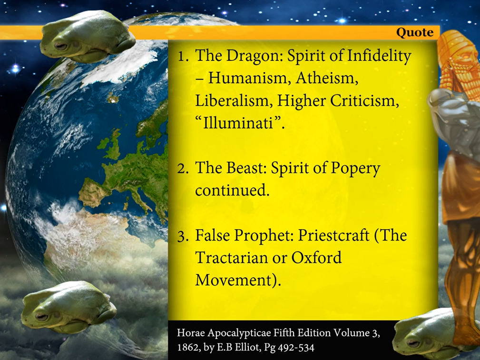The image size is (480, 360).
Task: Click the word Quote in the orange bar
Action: pyautogui.click(x=415, y=32)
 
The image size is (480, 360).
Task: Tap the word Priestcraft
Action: pyautogui.click(x=333, y=235)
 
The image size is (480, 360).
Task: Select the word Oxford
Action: pyautogui.click(x=316, y=257)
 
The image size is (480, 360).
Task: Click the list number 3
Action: pyautogui.click(x=183, y=237)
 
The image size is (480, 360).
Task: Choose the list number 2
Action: pyautogui.click(x=183, y=169)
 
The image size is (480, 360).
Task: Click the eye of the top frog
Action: pyautogui.click(x=60, y=46)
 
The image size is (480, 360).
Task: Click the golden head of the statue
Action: pyautogui.click(x=458, y=49)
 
